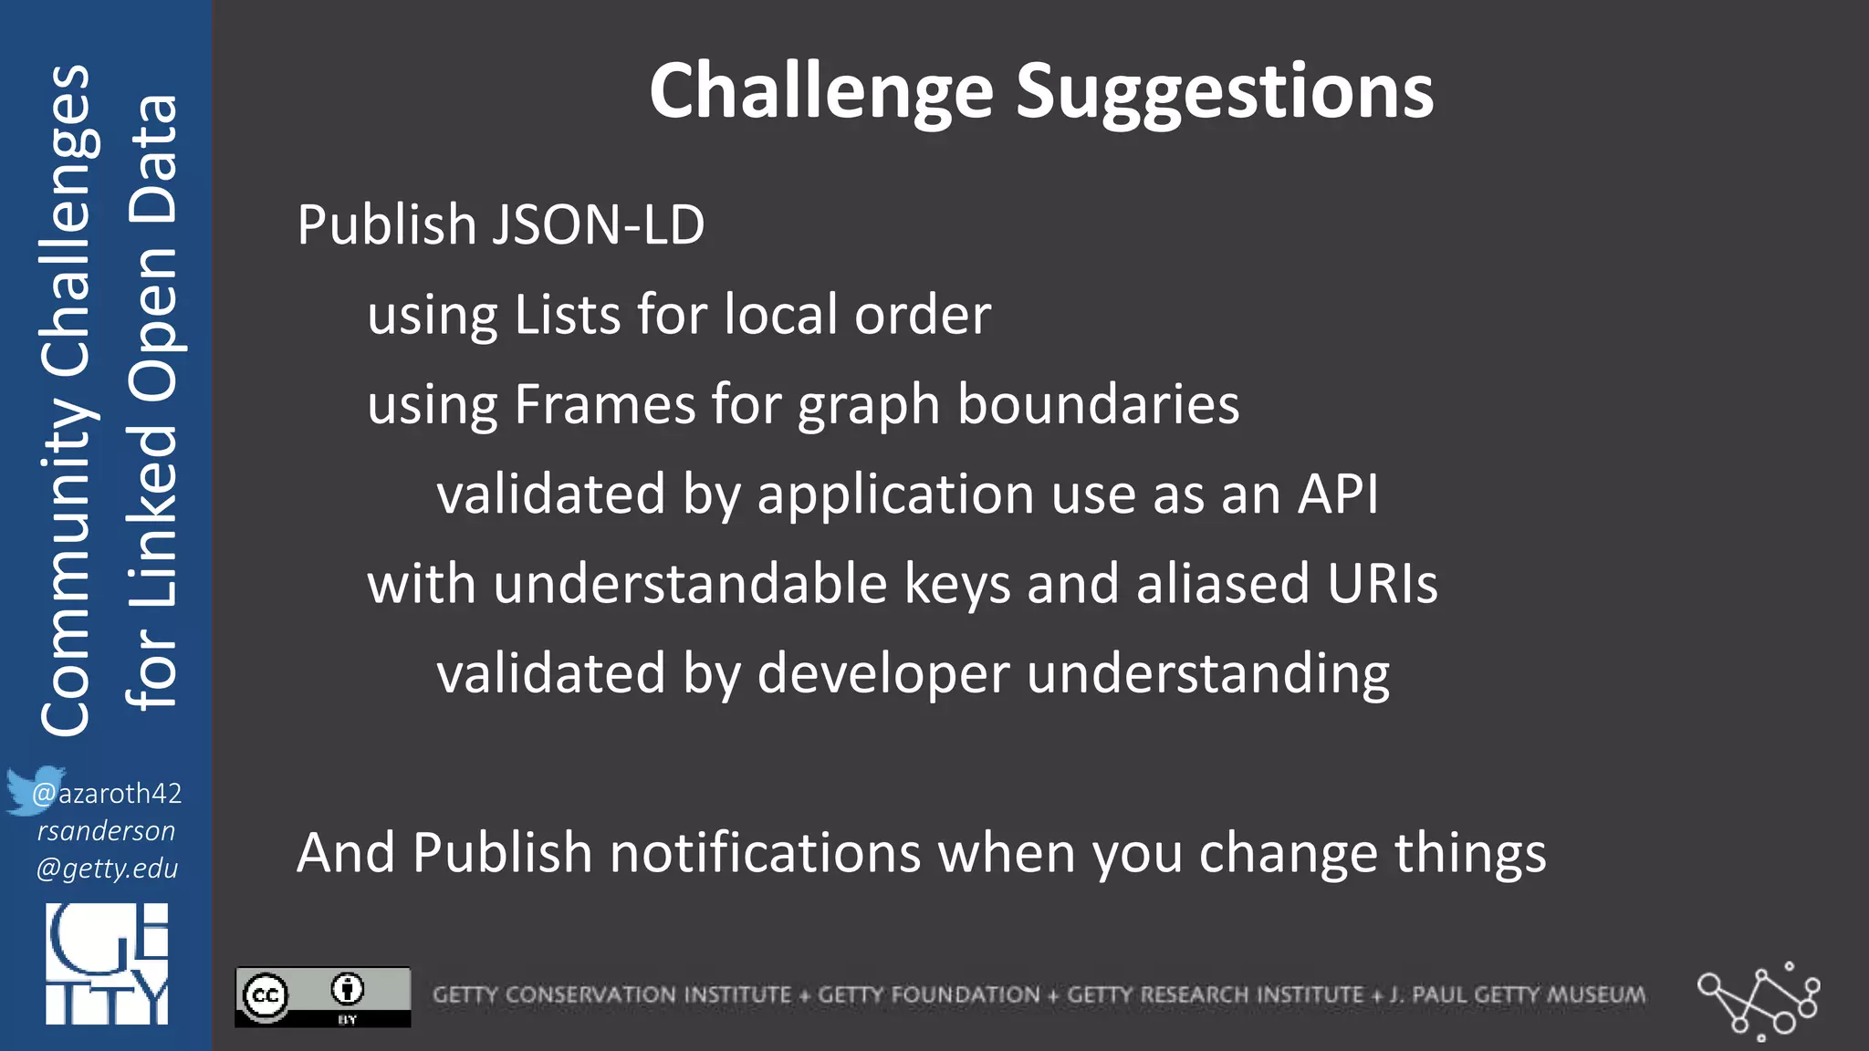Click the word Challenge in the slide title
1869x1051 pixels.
click(x=820, y=93)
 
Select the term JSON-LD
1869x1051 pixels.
click(x=598, y=225)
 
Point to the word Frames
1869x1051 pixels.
click(x=604, y=404)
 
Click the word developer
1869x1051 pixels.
click(x=883, y=673)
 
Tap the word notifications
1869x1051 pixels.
click(x=765, y=853)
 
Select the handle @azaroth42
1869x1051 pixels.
click(x=108, y=793)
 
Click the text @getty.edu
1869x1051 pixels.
click(x=107, y=868)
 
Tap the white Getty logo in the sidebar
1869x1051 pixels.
click(x=107, y=963)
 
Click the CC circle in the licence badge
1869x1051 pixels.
click(x=266, y=995)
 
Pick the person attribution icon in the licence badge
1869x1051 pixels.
click(x=348, y=988)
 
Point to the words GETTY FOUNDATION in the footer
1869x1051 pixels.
click(x=928, y=994)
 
